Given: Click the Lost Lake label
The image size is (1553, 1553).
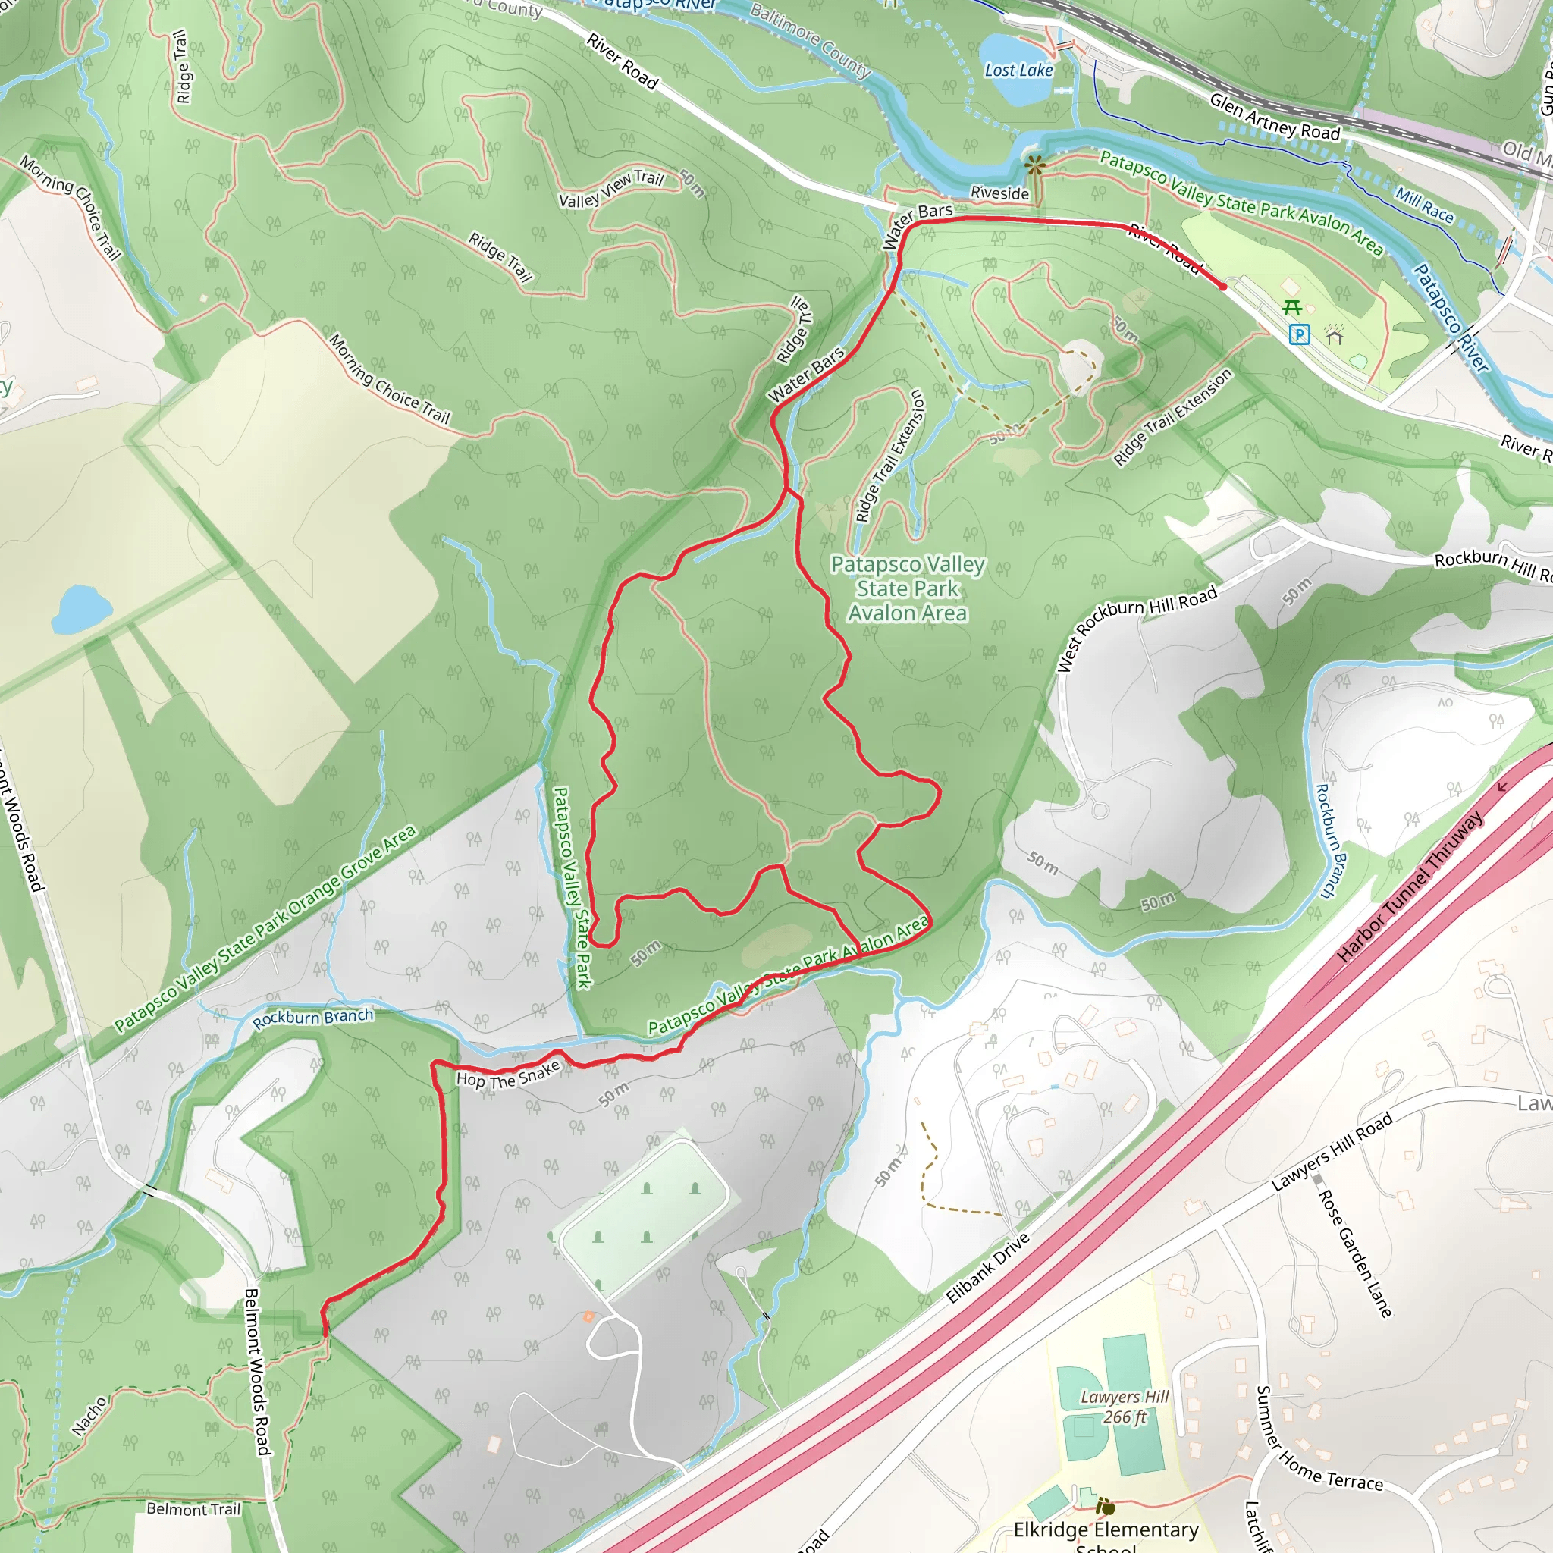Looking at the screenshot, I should pyautogui.click(x=1018, y=71).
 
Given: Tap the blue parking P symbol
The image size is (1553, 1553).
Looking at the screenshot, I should pyautogui.click(x=1299, y=334).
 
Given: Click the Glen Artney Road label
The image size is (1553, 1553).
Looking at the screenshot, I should pyautogui.click(x=1274, y=118).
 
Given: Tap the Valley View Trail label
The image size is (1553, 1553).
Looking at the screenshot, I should pyautogui.click(x=611, y=189).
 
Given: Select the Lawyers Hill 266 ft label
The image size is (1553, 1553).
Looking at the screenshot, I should pyautogui.click(x=1124, y=1407).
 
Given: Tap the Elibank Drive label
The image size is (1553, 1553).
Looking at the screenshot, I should pyautogui.click(x=988, y=1269).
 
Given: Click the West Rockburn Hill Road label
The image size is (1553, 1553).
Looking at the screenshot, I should pyautogui.click(x=1136, y=627).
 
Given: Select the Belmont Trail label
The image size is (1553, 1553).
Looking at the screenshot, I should pyautogui.click(x=193, y=1509).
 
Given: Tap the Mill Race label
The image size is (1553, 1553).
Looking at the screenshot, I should pyautogui.click(x=1423, y=205).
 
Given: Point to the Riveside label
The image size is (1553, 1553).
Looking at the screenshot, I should pyautogui.click(x=999, y=193).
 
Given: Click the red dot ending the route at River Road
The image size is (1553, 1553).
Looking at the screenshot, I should pyautogui.click(x=1222, y=286).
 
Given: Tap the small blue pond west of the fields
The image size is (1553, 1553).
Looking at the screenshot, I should pyautogui.click(x=81, y=608).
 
